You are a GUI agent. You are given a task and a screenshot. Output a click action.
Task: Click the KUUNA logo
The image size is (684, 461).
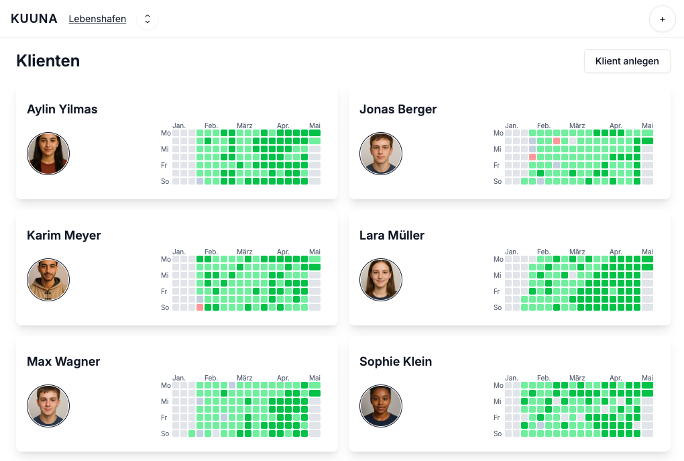pyautogui.click(x=34, y=19)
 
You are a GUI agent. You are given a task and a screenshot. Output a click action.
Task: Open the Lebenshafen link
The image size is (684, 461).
pyautogui.click(x=97, y=19)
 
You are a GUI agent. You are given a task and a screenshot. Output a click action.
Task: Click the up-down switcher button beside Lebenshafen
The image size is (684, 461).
pyautogui.click(x=148, y=19)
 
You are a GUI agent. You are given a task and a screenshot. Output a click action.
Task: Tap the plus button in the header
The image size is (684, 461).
pyautogui.click(x=662, y=19)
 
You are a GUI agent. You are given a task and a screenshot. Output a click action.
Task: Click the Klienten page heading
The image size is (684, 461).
pyautogui.click(x=48, y=61)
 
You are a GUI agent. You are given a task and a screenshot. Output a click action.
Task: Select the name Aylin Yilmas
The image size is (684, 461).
pyautogui.click(x=62, y=109)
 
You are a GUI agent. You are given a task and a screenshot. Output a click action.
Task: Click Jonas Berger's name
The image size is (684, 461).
pyautogui.click(x=398, y=109)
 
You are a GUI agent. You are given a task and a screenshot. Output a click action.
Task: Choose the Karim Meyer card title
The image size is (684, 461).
pyautogui.click(x=64, y=236)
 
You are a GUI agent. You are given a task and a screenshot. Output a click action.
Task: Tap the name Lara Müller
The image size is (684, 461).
pyautogui.click(x=392, y=236)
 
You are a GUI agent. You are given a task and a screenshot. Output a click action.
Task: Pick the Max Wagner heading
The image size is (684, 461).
pyautogui.click(x=64, y=362)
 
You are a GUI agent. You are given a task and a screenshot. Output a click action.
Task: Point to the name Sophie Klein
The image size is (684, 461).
pyautogui.click(x=396, y=362)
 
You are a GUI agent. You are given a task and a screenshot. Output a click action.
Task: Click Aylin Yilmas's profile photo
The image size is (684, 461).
pyautogui.click(x=48, y=154)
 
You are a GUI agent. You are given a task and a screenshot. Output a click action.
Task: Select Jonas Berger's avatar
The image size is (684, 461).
pyautogui.click(x=381, y=154)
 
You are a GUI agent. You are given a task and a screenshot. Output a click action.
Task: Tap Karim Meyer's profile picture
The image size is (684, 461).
pyautogui.click(x=48, y=280)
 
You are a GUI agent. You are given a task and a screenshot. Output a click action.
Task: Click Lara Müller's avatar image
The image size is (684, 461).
pyautogui.click(x=381, y=280)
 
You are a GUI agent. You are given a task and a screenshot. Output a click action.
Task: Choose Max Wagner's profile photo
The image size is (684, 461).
pyautogui.click(x=48, y=406)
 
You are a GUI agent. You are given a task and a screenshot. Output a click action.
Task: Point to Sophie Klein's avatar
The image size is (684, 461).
pyautogui.click(x=381, y=406)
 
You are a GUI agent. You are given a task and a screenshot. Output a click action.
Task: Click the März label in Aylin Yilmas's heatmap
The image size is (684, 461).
pyautogui.click(x=244, y=125)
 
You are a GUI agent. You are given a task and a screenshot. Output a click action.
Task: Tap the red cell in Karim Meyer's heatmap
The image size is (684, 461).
pyautogui.click(x=200, y=307)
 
